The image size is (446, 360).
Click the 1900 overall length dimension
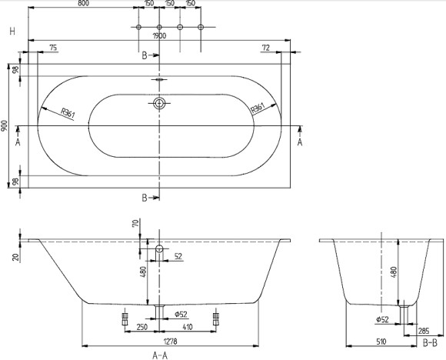point(160,35)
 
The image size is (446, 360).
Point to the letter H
point(12,31)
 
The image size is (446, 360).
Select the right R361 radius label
point(258,108)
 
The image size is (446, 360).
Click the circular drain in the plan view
point(159,103)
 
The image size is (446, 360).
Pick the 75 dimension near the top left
point(53,48)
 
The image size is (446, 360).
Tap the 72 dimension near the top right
point(265,48)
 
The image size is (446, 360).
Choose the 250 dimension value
point(141,327)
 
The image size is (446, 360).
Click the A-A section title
point(160,353)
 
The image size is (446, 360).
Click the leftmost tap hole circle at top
point(138,28)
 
